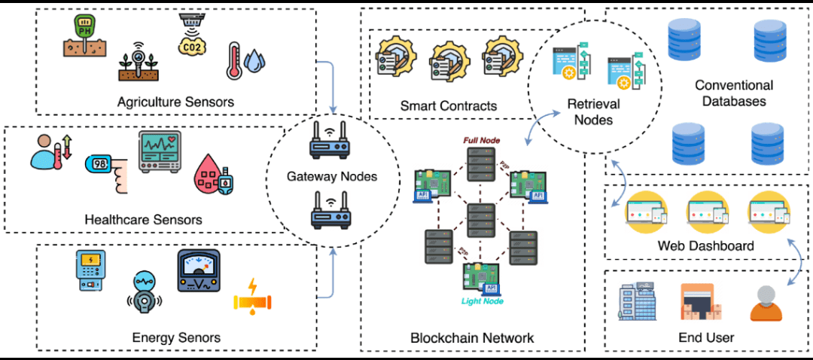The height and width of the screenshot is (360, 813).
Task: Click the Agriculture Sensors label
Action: (175, 102)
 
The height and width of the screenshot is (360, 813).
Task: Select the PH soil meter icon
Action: (80, 38)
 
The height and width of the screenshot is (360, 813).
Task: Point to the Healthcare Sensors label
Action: (144, 220)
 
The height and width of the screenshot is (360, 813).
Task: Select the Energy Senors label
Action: (176, 337)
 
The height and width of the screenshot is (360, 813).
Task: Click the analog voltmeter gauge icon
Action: (199, 271)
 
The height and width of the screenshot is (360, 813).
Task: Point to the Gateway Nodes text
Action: (332, 177)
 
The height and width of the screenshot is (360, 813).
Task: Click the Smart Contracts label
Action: (449, 106)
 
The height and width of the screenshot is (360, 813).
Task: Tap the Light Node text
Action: (483, 301)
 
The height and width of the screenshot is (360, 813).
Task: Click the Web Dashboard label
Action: (705, 246)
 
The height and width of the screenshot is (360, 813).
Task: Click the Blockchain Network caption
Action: (472, 337)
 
